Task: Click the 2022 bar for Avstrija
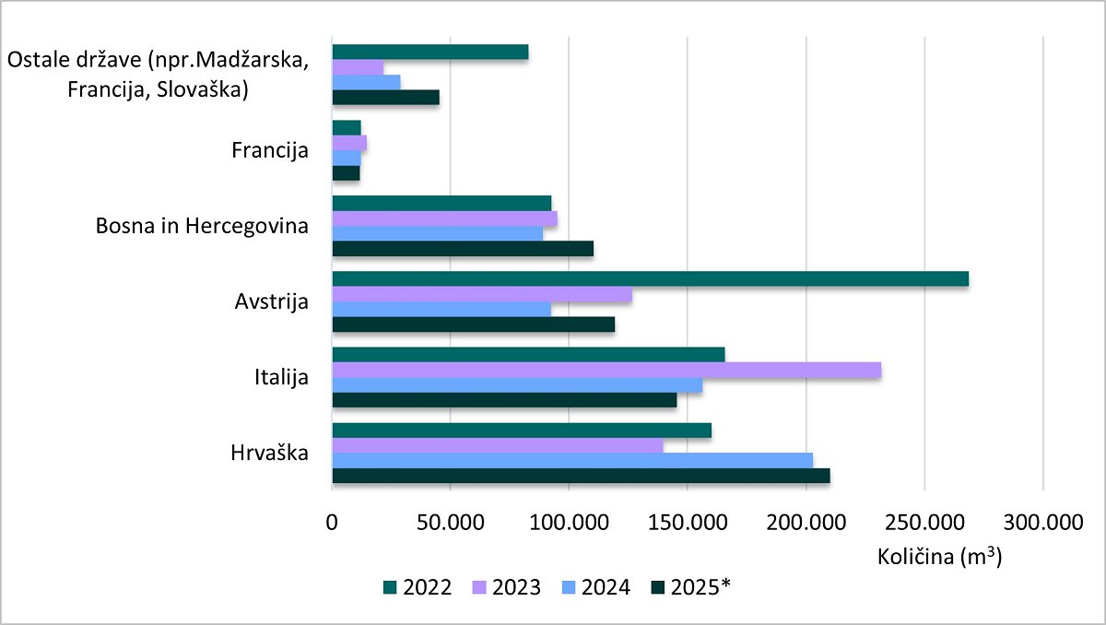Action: point(650,278)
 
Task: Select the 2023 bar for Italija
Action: point(606,370)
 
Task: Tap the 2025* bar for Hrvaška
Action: point(581,476)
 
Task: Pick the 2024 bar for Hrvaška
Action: point(571,460)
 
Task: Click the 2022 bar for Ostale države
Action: point(429,52)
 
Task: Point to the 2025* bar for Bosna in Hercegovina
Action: point(462,249)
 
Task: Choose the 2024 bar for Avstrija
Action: point(441,310)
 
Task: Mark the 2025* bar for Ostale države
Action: point(385,97)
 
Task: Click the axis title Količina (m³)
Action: point(940,558)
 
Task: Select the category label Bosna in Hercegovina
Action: point(202,226)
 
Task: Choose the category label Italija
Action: point(281,377)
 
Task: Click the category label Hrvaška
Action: point(270,453)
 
